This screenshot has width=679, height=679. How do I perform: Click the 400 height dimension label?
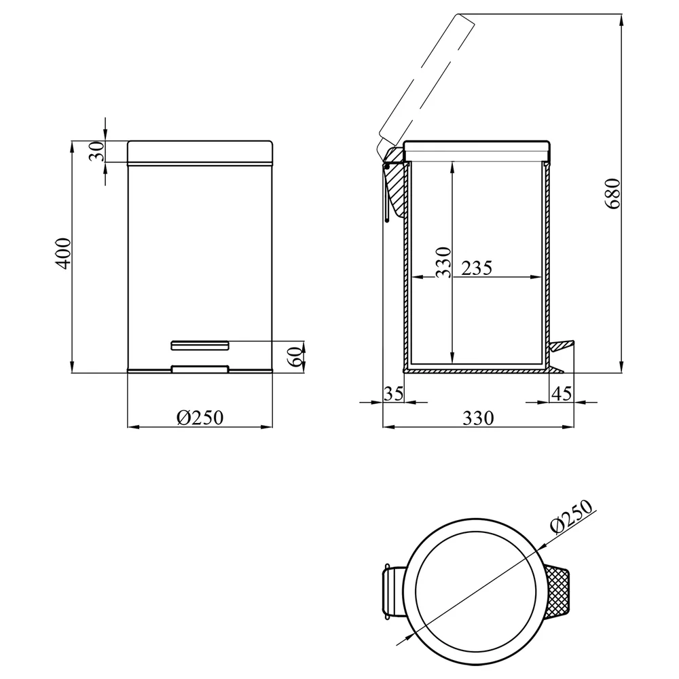(64, 254)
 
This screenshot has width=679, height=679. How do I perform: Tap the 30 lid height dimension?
(97, 151)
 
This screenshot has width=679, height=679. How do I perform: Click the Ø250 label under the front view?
(200, 418)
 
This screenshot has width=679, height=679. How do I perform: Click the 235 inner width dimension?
(477, 268)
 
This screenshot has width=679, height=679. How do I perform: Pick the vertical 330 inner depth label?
(443, 262)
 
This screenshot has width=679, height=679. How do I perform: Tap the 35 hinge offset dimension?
(393, 394)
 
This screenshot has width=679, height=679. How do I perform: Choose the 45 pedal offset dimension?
(562, 394)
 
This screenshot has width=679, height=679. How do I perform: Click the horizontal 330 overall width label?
(478, 418)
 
